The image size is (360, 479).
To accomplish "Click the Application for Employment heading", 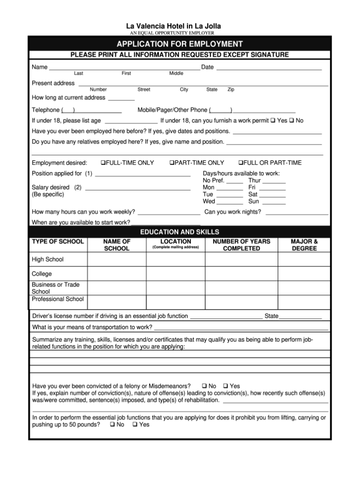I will point(180,44).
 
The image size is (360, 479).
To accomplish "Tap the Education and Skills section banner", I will point(180,232).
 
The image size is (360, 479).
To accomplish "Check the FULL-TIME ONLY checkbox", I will point(103,163).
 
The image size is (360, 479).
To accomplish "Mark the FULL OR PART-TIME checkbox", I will point(240,163).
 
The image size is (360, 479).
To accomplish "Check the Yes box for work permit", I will point(273,121).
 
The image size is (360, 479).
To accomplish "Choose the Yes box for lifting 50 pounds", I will point(135,425).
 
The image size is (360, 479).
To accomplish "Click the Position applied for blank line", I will point(142,175).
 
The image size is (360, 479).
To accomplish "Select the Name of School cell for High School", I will point(116,259).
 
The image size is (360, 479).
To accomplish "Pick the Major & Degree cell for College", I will point(304,274).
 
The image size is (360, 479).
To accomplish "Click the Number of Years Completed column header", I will point(241,245).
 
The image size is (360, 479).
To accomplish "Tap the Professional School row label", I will point(58,299).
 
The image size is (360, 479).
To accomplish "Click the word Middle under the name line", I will point(176,74).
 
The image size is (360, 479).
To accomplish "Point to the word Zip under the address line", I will point(231,90).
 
